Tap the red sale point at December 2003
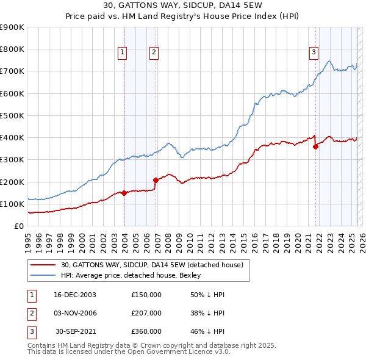coord(124,193)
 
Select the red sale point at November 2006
coord(156,180)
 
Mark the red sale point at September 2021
coord(316,146)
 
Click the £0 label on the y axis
coord(19,226)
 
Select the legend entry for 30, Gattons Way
coord(152,265)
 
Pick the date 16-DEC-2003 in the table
coord(75,295)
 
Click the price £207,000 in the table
coord(146,313)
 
